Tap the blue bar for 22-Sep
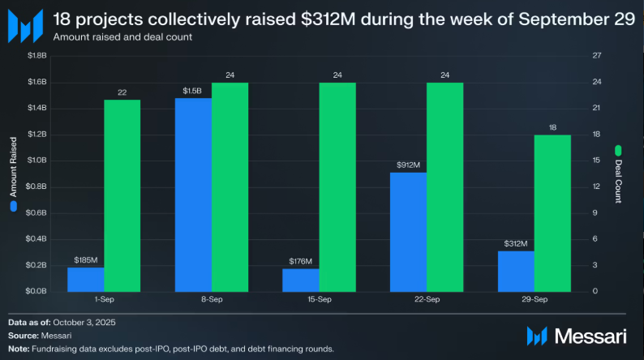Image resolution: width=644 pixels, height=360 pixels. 409,232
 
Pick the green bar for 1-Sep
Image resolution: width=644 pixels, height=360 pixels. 122,195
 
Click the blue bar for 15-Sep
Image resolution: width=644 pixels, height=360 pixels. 301,280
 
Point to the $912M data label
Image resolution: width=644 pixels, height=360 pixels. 409,165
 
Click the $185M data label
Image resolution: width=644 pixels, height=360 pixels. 85,260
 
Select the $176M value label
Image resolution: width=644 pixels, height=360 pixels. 301,261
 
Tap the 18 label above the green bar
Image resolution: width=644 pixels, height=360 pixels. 553,127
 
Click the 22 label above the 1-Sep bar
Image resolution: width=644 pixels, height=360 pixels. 122,92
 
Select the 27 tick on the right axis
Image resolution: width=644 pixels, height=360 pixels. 598,56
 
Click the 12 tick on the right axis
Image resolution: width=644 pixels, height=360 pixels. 598,186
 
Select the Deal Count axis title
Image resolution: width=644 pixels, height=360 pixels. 618,174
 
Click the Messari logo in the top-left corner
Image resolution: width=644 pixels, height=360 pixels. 24,25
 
